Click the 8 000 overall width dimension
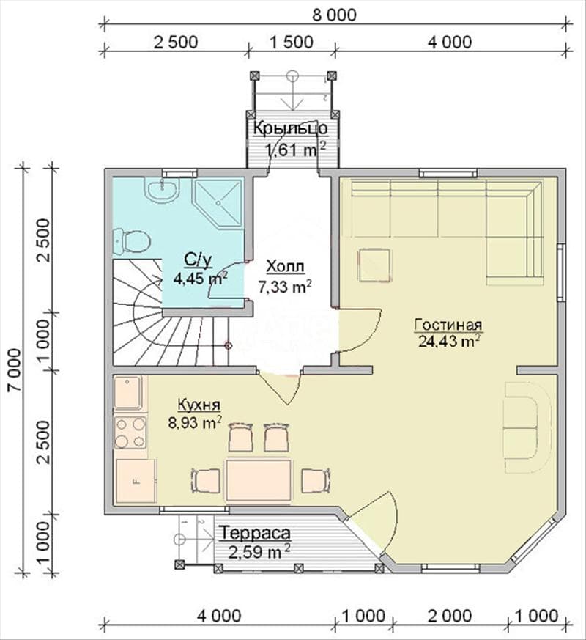pyautogui.click(x=334, y=15)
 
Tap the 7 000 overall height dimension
pyautogui.click(x=15, y=369)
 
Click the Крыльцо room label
pyautogui.click(x=290, y=128)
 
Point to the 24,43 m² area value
pyautogui.click(x=448, y=341)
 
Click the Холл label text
pyautogui.click(x=285, y=267)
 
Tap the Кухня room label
pyautogui.click(x=199, y=405)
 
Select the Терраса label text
pyautogui.click(x=256, y=533)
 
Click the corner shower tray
pyautogui.click(x=219, y=202)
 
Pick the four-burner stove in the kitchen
pyautogui.click(x=130, y=433)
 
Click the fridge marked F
pyautogui.click(x=136, y=481)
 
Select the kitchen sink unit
pyautogui.click(x=128, y=393)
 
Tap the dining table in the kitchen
pyautogui.click(x=259, y=480)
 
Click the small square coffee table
pyautogui.click(x=374, y=265)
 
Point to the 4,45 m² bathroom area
pyautogui.click(x=200, y=279)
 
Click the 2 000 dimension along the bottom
pyautogui.click(x=450, y=616)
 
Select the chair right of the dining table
pyautogui.click(x=316, y=480)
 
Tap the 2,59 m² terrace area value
pyautogui.click(x=259, y=552)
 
